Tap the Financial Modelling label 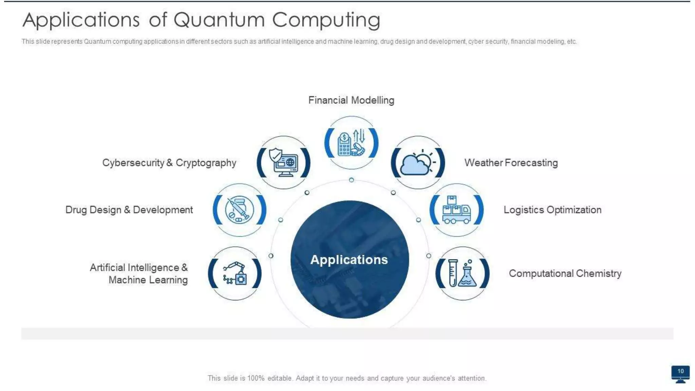tap(351, 100)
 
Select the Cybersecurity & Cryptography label tap(169, 163)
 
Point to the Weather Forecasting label tap(511, 163)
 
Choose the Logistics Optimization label tap(552, 210)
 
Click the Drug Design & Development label tap(129, 210)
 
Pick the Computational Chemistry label tap(565, 273)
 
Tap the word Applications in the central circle tap(349, 260)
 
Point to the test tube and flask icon tap(462, 273)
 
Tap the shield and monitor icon tap(283, 162)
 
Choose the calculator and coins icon tap(351, 143)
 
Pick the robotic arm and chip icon tap(235, 273)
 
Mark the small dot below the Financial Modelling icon tap(352, 180)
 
